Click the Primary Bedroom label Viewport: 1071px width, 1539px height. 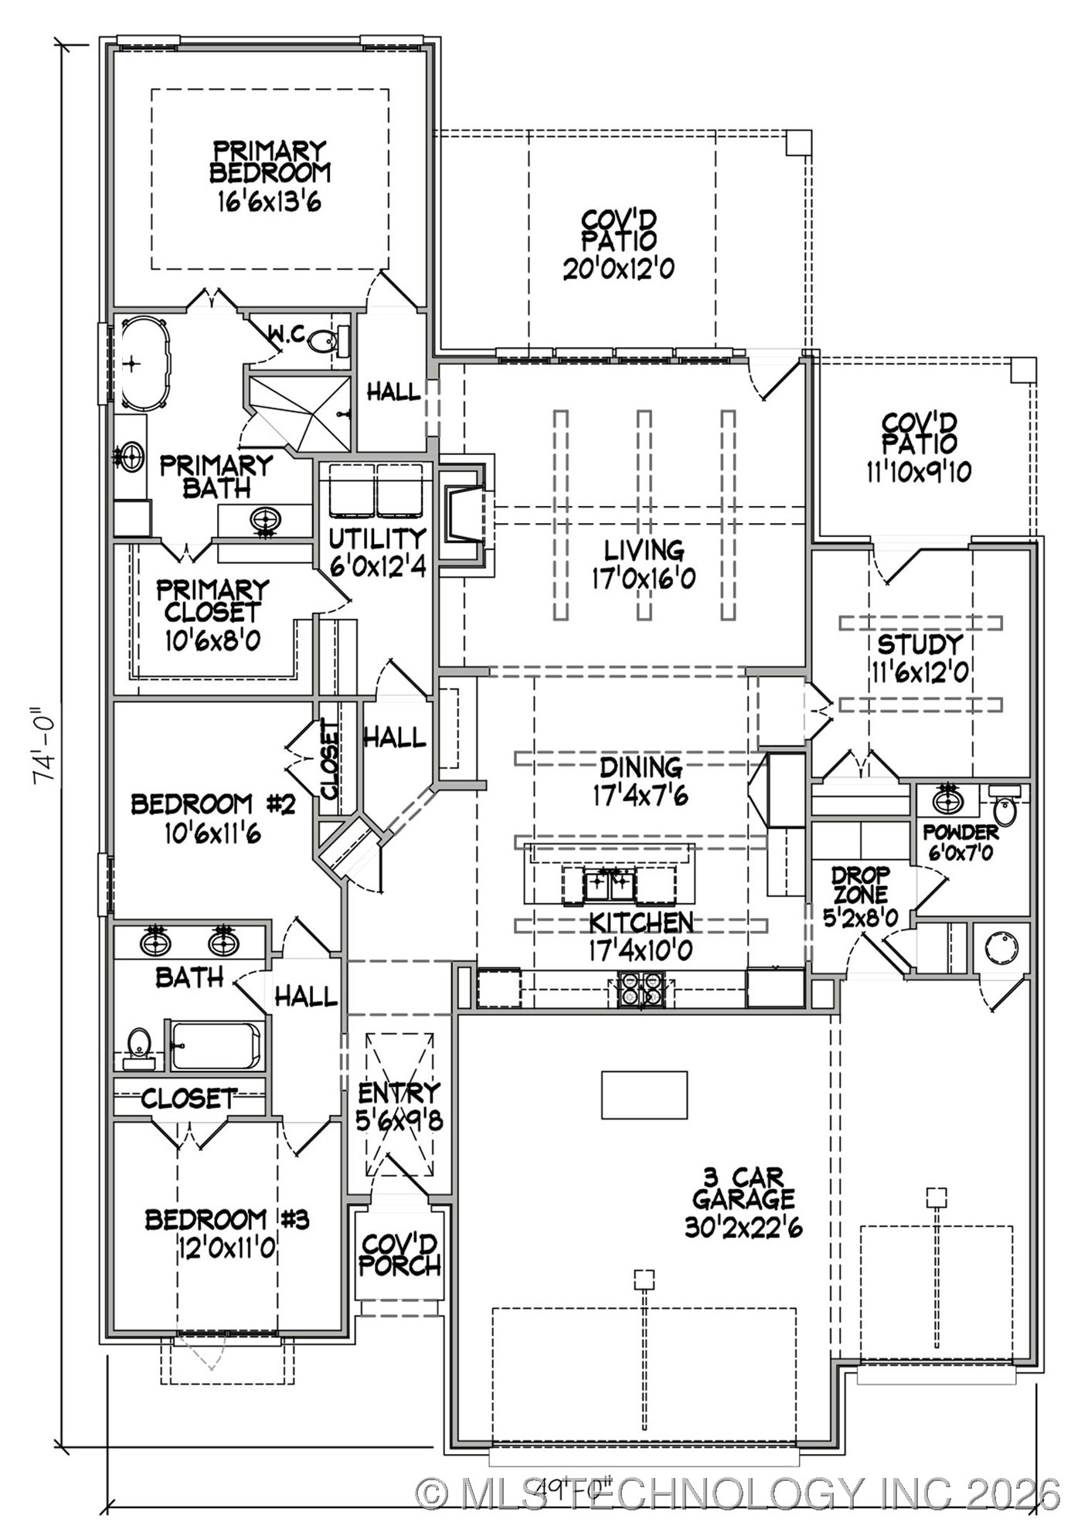coord(269,175)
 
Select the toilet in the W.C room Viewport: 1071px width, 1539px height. coord(324,339)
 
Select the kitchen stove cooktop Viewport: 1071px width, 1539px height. coord(641,989)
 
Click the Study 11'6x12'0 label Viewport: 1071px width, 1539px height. coord(920,657)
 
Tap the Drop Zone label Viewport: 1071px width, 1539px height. coord(861,895)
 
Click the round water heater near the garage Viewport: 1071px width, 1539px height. coord(1001,947)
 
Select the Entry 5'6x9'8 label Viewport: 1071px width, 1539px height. coord(399,1106)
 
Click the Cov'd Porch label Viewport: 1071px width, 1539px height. coord(399,1255)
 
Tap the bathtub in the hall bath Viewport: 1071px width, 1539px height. coord(216,1045)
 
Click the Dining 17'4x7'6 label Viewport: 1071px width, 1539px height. coord(641,781)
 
